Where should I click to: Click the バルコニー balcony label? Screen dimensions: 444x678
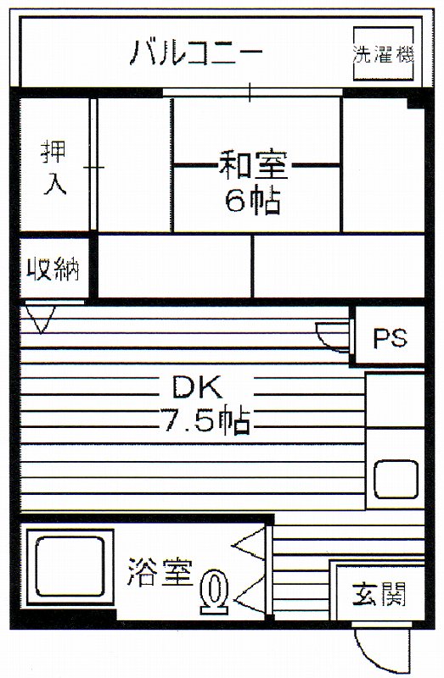[x=196, y=53]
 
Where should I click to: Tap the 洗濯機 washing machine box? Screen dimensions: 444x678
[x=383, y=53]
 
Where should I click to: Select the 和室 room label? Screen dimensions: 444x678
[x=253, y=164]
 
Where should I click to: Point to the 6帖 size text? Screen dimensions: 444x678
[x=252, y=200]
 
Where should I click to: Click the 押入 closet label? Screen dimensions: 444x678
[x=54, y=167]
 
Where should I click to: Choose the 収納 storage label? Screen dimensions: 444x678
[x=53, y=269]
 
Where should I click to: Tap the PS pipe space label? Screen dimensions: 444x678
[x=390, y=337]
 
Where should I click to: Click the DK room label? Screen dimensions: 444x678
[x=197, y=387]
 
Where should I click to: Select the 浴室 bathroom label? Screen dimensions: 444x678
[x=160, y=573]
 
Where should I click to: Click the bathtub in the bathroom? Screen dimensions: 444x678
[x=70, y=567]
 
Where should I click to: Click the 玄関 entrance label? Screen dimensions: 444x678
[x=379, y=595]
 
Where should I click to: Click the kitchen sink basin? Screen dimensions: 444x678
[x=396, y=479]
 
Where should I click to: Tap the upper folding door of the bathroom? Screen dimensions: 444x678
[x=249, y=544]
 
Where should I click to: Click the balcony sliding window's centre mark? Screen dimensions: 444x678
[x=250, y=92]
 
